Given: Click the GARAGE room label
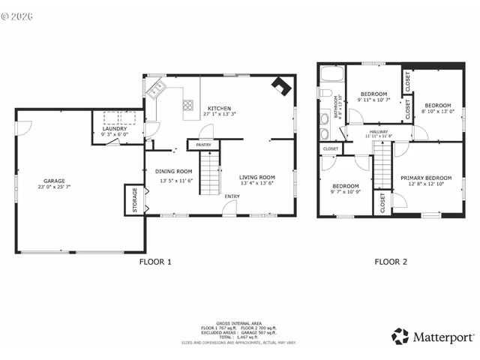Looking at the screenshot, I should click(54, 181).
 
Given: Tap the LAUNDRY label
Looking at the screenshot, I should click(115, 128).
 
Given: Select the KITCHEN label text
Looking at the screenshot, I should click(220, 108).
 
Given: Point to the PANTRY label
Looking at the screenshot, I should click(203, 145).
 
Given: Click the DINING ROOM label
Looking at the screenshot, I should click(174, 172).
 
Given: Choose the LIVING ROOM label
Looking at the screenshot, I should click(257, 177).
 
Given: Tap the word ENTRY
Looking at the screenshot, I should click(232, 196).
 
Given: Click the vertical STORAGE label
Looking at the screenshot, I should click(135, 200).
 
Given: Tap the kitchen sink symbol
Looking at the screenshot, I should click(157, 90).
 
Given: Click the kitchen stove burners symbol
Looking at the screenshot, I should click(187, 106).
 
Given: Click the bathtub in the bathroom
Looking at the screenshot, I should click(331, 76).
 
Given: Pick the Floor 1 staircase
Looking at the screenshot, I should click(210, 172).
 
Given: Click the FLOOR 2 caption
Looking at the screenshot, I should click(391, 262).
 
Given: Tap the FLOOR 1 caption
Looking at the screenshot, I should click(156, 262).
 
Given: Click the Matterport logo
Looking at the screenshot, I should click(431, 337).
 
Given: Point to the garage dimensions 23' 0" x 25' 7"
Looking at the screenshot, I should click(54, 187).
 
